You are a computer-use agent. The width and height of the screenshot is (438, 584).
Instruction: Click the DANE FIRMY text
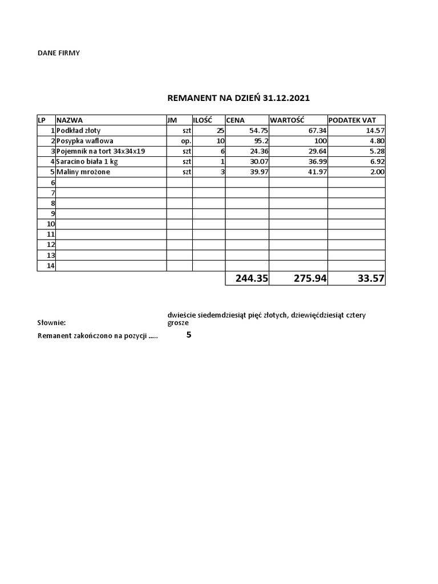click(x=59, y=53)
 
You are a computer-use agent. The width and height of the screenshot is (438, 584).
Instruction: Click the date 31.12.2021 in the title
click(x=286, y=98)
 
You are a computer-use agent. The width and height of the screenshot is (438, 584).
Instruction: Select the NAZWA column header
click(x=70, y=120)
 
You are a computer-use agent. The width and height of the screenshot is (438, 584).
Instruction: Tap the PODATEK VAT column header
click(x=352, y=120)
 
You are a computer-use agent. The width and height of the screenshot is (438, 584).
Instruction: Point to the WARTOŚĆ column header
click(x=287, y=120)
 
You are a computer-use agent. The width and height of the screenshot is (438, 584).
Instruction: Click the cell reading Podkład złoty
click(x=78, y=131)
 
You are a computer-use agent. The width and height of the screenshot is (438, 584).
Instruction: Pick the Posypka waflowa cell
click(x=84, y=141)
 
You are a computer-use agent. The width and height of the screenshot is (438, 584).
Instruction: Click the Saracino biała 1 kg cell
click(x=87, y=161)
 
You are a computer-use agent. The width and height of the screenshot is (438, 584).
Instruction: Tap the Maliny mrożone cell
click(x=83, y=172)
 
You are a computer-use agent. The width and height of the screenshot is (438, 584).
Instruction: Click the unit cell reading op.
click(x=186, y=141)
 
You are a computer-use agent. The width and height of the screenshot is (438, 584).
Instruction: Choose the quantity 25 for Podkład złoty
click(x=220, y=131)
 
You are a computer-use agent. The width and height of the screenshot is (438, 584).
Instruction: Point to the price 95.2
click(x=261, y=141)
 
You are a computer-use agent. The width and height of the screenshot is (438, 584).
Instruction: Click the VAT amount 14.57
click(x=375, y=131)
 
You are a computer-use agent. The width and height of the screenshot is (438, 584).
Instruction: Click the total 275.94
click(x=310, y=278)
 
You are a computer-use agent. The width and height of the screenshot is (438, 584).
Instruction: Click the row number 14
click(x=50, y=265)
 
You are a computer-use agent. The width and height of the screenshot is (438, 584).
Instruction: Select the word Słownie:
click(x=52, y=322)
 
